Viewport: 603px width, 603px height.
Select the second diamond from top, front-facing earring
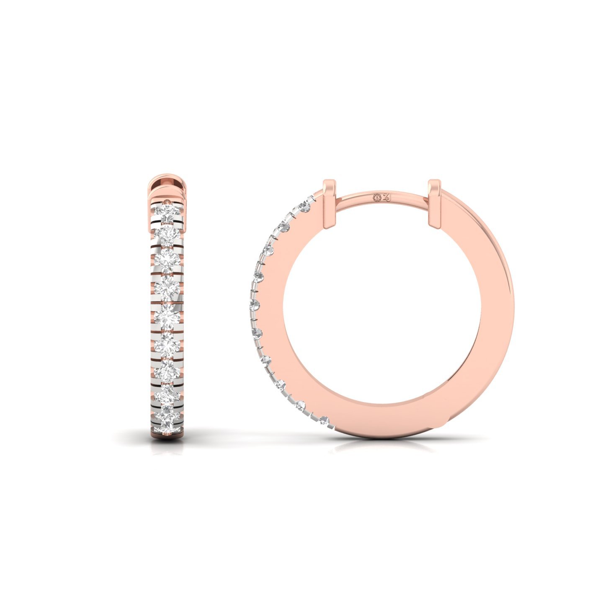[167, 235]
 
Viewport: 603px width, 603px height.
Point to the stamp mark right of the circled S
[386, 197]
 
